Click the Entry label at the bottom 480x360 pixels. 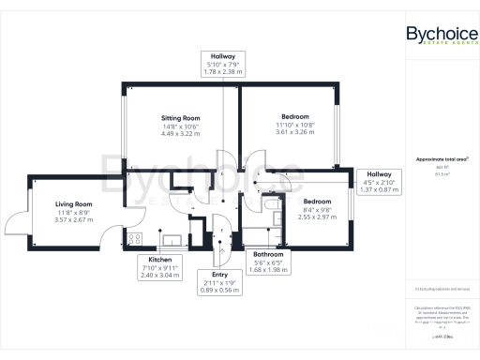click(x=220, y=274)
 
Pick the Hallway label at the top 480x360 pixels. click(x=223, y=57)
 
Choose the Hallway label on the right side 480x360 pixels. click(x=380, y=174)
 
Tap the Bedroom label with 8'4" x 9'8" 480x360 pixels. click(x=316, y=202)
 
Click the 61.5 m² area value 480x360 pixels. click(x=442, y=174)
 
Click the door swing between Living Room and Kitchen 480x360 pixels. click(x=111, y=233)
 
